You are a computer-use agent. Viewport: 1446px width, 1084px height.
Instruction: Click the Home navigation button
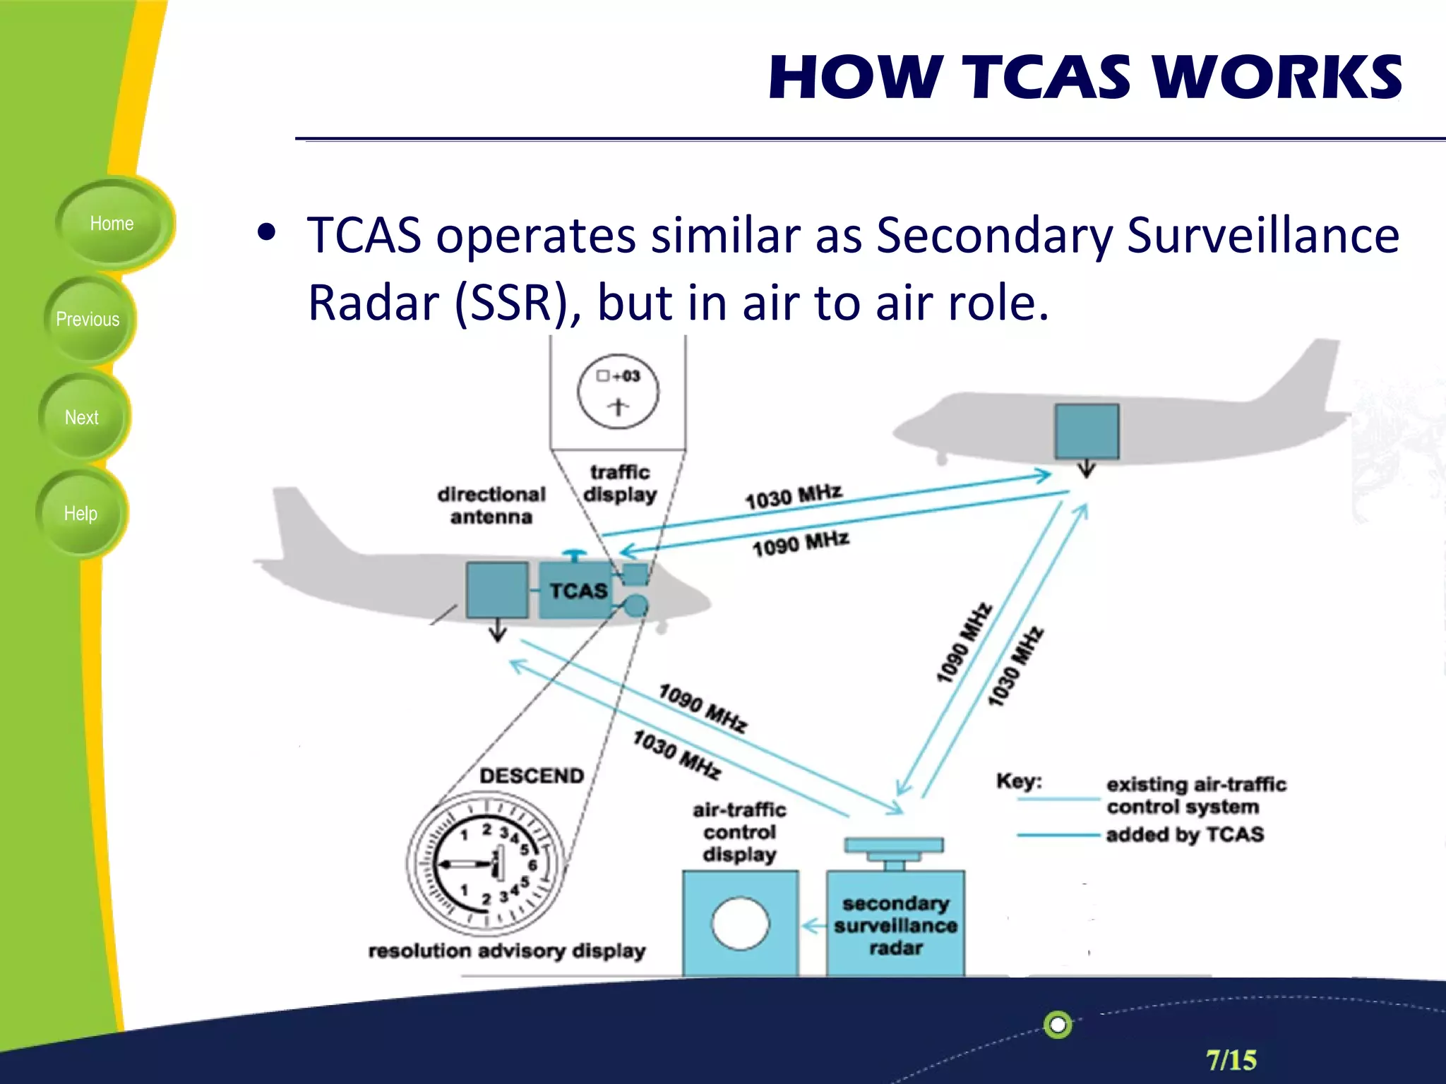click(112, 224)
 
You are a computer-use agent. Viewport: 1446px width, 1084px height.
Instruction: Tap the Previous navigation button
click(88, 320)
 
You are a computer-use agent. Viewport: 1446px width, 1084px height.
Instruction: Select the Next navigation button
click(82, 418)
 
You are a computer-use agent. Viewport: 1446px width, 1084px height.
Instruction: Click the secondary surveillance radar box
click(895, 925)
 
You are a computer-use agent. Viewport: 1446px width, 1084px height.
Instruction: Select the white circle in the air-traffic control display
click(740, 923)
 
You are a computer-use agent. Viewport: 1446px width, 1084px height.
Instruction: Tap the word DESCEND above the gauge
click(532, 776)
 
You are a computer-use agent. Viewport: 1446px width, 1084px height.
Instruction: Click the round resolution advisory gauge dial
click(486, 864)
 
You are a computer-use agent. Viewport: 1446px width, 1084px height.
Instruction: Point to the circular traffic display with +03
click(618, 392)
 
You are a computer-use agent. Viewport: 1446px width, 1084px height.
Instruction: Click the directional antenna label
click(491, 505)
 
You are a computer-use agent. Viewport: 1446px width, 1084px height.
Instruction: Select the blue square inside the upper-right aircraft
click(1087, 431)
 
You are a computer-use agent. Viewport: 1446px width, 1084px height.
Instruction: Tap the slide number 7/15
click(1231, 1060)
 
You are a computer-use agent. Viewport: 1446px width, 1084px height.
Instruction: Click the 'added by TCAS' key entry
click(1185, 835)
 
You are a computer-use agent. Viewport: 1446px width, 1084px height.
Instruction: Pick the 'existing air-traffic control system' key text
click(1196, 795)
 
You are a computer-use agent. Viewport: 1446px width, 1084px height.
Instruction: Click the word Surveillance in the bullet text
click(1262, 235)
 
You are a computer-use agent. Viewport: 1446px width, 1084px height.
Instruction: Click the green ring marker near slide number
click(1058, 1025)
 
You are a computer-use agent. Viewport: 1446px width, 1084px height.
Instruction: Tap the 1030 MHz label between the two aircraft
click(794, 497)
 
